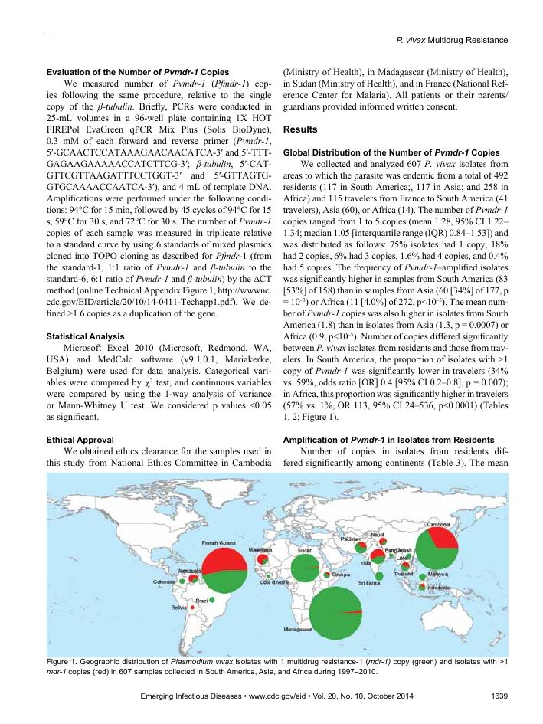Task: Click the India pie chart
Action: coord(378,560)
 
